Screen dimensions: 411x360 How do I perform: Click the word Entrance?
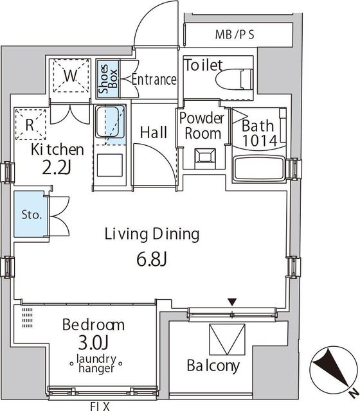pos(154,80)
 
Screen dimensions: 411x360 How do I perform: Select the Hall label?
pos(154,133)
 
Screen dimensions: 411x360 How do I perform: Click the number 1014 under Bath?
pos(259,140)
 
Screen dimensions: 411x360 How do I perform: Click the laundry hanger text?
pos(95,363)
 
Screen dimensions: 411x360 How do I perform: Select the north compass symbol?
pos(333,372)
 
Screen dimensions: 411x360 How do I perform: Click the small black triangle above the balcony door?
pos(232,302)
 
